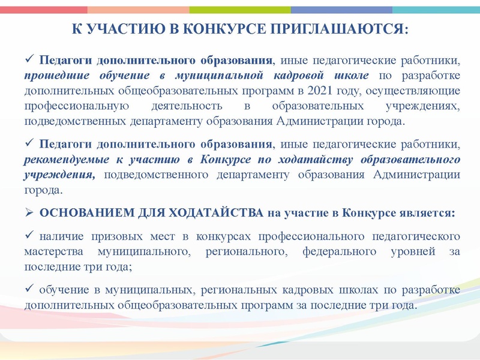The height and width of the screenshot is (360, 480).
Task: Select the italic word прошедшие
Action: coord(55,76)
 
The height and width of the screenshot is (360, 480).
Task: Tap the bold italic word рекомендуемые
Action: coord(66,160)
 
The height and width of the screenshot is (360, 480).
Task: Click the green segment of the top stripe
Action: coord(240,10)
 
